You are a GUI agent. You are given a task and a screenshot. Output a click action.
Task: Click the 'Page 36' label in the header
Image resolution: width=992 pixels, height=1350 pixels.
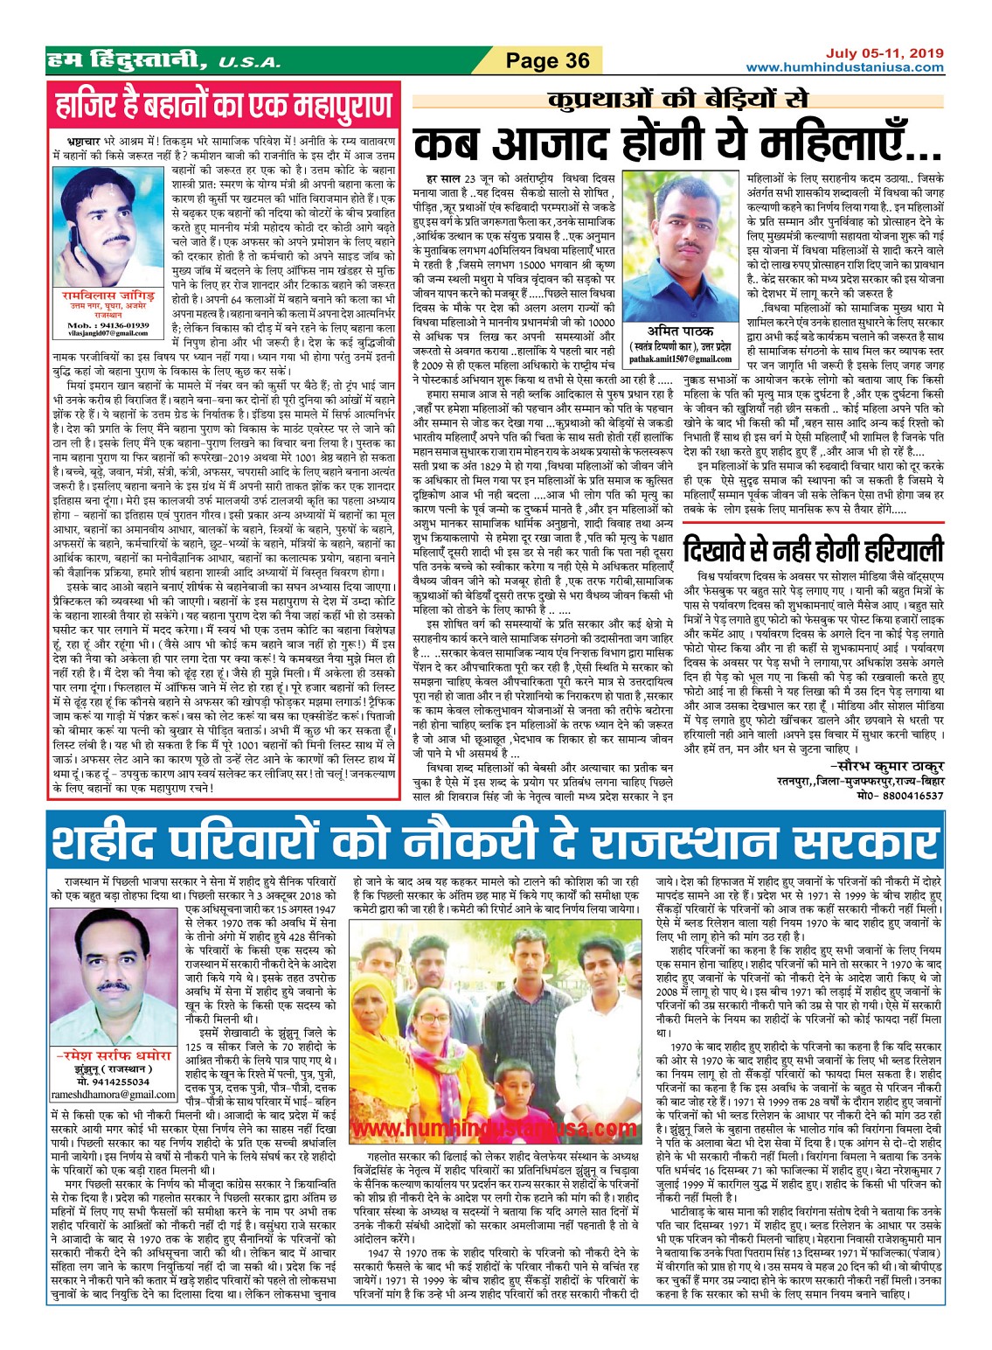coord(548,60)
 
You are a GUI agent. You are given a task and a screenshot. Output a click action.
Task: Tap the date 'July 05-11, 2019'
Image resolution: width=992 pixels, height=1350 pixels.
coord(884,53)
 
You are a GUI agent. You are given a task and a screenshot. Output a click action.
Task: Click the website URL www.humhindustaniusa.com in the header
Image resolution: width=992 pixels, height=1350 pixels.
coord(844,67)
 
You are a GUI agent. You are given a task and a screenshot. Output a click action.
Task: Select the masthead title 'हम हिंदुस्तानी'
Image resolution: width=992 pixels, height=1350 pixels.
coord(128,60)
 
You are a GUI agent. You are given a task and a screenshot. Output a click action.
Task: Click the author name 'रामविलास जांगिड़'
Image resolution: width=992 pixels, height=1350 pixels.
coord(108,296)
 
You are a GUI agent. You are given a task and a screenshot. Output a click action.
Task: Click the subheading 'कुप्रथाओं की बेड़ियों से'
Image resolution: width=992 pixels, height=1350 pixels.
coord(677,99)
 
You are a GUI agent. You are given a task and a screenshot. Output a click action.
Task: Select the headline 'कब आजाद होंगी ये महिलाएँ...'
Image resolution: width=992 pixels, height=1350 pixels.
coord(677,143)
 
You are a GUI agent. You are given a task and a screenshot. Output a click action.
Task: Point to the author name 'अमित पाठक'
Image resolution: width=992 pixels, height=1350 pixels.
coord(681,331)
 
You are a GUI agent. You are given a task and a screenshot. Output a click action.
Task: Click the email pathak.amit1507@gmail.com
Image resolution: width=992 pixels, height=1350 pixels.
coord(681,358)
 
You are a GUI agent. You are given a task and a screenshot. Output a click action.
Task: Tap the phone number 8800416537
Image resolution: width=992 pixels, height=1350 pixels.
coord(912,796)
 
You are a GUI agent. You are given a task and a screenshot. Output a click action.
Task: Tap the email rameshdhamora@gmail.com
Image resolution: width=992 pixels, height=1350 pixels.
coord(113,1094)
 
